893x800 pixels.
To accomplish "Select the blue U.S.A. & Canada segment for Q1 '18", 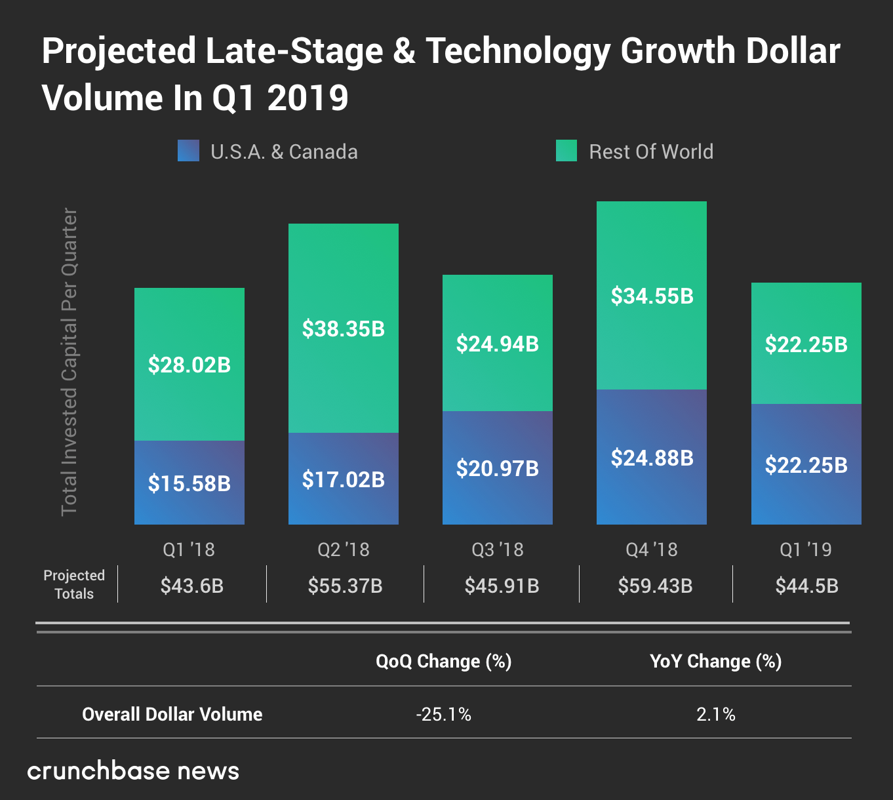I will coord(189,459).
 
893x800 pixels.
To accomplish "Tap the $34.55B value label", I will coord(652,296).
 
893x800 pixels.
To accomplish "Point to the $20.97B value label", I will coord(498,469).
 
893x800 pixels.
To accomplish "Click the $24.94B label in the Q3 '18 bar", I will coord(498,344).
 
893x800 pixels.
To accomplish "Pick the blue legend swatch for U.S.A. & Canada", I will coord(188,151).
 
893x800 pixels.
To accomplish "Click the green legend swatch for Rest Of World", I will coord(566,151).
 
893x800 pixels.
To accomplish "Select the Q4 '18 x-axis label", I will coord(652,550).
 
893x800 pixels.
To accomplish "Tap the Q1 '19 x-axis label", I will coord(806,550).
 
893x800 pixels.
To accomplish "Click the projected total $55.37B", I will coord(345,586).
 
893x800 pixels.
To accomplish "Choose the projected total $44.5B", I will coord(806,586).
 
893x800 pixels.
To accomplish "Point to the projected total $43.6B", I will coord(192,586).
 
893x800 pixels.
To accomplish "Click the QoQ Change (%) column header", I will coord(443,661).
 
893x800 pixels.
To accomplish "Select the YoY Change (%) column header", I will coord(715,661).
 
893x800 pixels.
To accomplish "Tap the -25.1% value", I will coord(443,714).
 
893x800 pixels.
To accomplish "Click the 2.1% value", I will coord(715,714).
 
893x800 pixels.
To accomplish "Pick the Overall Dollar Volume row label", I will coord(172,714).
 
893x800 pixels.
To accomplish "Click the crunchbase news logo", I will coord(133,771).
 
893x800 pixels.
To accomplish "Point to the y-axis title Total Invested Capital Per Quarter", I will coord(69,362).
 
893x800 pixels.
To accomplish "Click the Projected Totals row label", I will coord(74,584).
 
